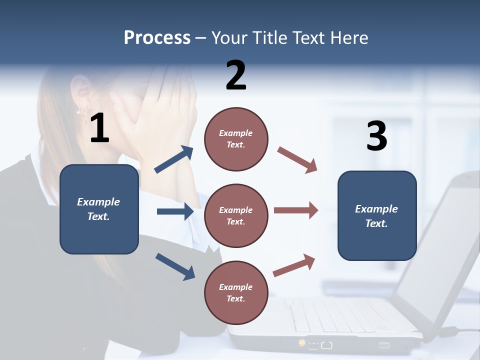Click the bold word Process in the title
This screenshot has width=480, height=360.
(157, 38)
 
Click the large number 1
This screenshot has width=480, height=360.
(99, 128)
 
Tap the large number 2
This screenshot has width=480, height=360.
(236, 75)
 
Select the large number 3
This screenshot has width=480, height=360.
(376, 136)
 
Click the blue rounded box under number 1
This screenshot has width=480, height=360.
(99, 209)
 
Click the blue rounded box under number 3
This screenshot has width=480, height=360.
(377, 216)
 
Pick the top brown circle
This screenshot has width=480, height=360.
(236, 139)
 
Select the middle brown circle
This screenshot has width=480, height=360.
(236, 216)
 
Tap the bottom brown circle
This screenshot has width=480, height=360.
(236, 292)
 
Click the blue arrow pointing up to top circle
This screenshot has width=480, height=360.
(174, 159)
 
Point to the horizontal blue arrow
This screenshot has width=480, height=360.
(175, 211)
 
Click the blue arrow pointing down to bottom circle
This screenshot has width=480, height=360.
(175, 266)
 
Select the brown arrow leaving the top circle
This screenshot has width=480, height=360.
(297, 159)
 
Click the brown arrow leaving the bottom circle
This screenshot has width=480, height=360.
(294, 265)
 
